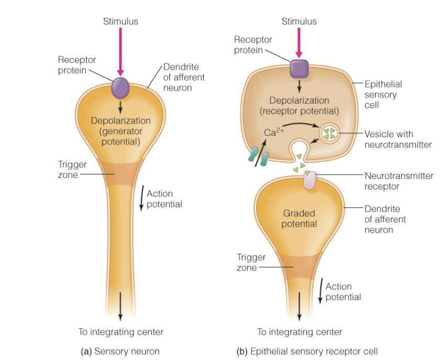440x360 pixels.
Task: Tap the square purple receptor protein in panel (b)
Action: pos(299,69)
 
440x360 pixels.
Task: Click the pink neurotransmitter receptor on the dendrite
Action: pos(310,181)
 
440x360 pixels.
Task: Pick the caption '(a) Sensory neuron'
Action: pos(120,351)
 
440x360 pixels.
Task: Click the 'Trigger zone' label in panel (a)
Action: pos(68,170)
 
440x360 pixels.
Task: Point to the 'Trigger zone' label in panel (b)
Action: pos(251,262)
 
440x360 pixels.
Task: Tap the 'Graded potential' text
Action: pos(299,218)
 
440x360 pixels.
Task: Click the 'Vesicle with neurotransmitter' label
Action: pos(398,139)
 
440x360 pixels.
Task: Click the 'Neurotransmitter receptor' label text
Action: pos(399,181)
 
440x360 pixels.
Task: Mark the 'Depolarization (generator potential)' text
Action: pos(120,131)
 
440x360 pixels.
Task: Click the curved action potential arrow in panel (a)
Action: pos(141,198)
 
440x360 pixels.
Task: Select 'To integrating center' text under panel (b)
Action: pos(299,332)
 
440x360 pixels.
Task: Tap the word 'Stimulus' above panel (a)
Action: pos(120,21)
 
